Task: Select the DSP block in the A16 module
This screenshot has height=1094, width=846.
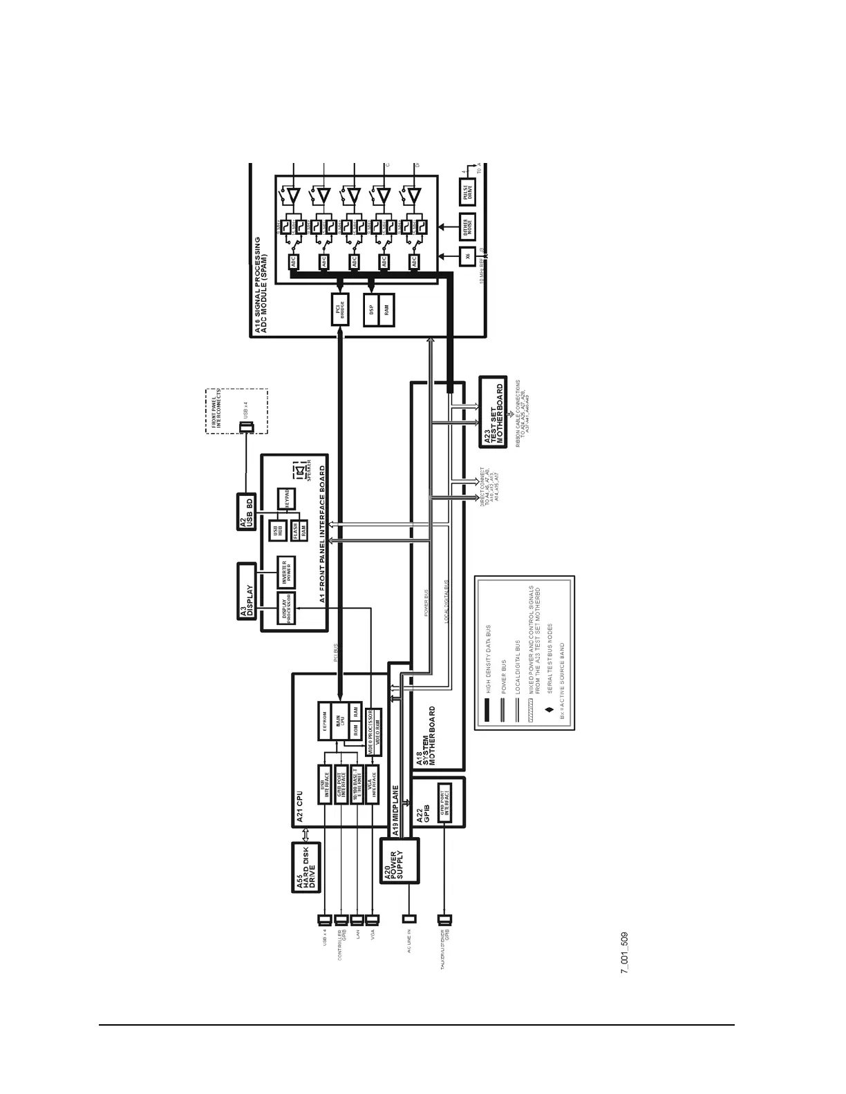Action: (x=372, y=310)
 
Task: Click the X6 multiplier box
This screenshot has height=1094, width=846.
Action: (x=468, y=256)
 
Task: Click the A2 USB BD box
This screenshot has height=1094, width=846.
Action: (x=246, y=512)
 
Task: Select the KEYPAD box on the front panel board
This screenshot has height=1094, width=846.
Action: (x=283, y=499)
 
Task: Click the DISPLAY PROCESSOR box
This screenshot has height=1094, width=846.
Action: (x=285, y=608)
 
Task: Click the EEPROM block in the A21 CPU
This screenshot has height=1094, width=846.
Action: (x=325, y=721)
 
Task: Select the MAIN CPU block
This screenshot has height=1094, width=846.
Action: (x=339, y=721)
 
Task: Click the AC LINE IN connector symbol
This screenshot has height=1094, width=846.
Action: (x=409, y=919)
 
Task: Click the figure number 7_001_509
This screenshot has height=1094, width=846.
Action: (x=624, y=952)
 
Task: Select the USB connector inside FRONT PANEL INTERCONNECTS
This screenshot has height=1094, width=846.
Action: (x=245, y=428)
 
